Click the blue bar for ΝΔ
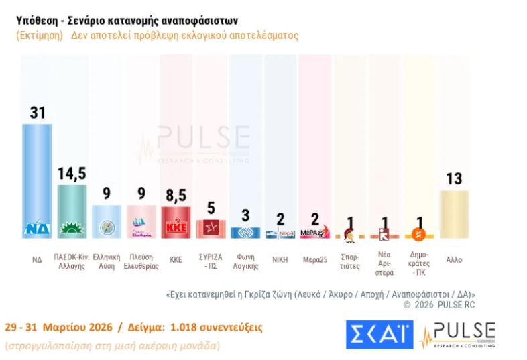pyautogui.click(x=37, y=178)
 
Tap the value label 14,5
pyautogui.click(x=72, y=174)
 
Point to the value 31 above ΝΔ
pyautogui.click(x=37, y=113)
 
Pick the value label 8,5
pyautogui.click(x=176, y=196)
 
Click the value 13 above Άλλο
pyautogui.click(x=454, y=179)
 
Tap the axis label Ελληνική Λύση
pyautogui.click(x=106, y=261)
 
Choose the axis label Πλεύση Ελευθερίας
pyautogui.click(x=141, y=261)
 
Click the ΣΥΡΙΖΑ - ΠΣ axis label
pyautogui.click(x=211, y=261)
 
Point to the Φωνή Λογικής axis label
pyautogui.click(x=245, y=261)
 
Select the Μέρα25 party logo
pyautogui.click(x=314, y=232)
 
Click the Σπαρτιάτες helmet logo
pyautogui.click(x=349, y=234)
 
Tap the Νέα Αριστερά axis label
pyautogui.click(x=384, y=264)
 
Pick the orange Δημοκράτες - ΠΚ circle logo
pyautogui.click(x=418, y=234)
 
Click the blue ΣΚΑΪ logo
pyautogui.click(x=379, y=335)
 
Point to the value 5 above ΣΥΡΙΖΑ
pyautogui.click(x=211, y=209)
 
